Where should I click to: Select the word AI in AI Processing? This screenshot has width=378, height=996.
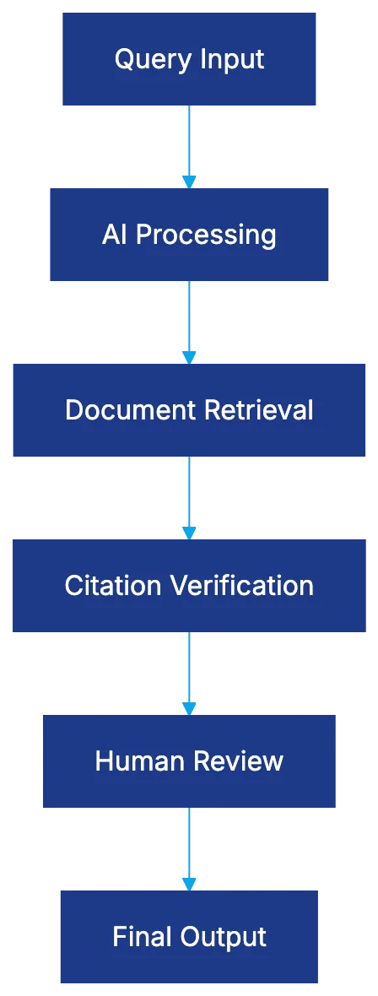[x=115, y=234]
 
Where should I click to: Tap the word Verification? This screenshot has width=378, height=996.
[x=241, y=586]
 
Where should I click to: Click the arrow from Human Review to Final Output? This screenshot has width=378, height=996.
[x=189, y=844]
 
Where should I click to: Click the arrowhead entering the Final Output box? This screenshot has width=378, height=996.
[x=189, y=882]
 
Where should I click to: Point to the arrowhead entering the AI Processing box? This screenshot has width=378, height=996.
[x=189, y=181]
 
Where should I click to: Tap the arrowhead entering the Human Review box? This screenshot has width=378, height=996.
[x=189, y=706]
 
